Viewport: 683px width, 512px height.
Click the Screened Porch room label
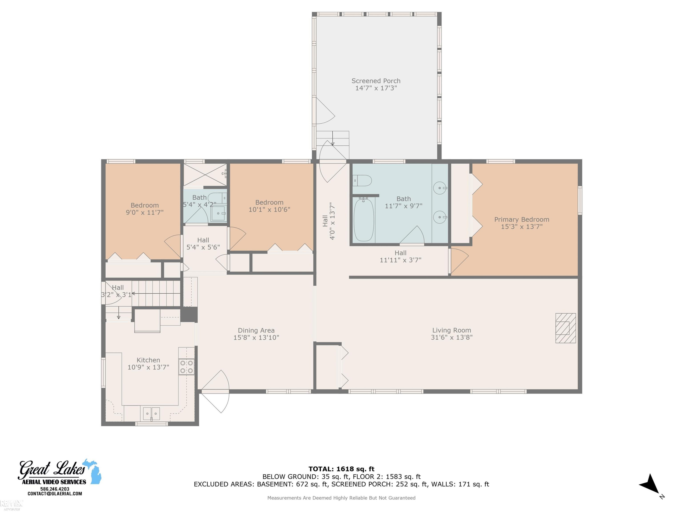(x=376, y=81)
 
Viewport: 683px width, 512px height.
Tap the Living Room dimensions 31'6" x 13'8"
(x=451, y=337)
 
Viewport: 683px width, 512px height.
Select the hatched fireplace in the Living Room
(x=566, y=328)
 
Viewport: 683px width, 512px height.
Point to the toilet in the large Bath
(x=362, y=180)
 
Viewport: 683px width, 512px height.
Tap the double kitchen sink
(x=151, y=413)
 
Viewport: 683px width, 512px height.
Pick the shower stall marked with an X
(x=205, y=175)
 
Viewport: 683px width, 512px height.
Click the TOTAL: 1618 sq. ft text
(x=341, y=469)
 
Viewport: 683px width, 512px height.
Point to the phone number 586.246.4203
(x=55, y=489)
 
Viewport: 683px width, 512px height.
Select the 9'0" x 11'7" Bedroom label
(x=145, y=209)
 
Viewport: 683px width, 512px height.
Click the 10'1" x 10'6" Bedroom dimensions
(x=269, y=210)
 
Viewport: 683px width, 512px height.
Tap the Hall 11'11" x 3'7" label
(x=400, y=256)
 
